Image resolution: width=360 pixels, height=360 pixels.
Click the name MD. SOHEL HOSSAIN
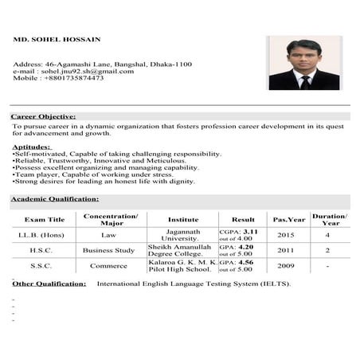point(57,38)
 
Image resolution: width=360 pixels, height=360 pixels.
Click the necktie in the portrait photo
point(305,80)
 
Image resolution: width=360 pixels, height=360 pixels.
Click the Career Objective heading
point(43,116)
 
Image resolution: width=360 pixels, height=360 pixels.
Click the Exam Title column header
point(45,219)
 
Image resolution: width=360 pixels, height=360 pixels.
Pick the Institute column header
point(183,219)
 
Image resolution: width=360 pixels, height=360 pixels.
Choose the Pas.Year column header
point(288,219)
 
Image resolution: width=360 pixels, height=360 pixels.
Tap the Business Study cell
point(109,250)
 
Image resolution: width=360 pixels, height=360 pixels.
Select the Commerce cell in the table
point(109,266)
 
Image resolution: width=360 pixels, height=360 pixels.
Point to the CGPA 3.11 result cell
point(237,235)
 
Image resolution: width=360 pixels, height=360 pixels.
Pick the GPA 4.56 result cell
point(237,266)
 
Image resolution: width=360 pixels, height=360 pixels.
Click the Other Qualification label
point(49,284)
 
